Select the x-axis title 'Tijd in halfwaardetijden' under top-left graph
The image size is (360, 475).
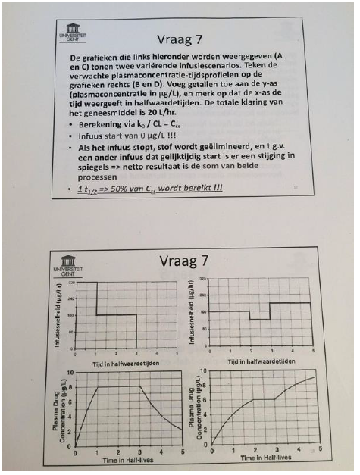click(x=126, y=361)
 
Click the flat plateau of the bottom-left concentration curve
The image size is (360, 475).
click(x=118, y=387)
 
